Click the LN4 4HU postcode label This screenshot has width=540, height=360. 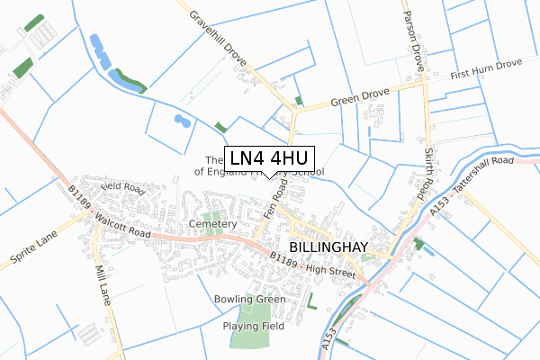point(270,157)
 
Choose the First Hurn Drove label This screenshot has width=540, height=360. point(486,67)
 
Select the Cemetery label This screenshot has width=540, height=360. point(213,223)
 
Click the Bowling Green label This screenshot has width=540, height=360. point(249,299)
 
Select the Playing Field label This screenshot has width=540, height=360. point(255,327)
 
